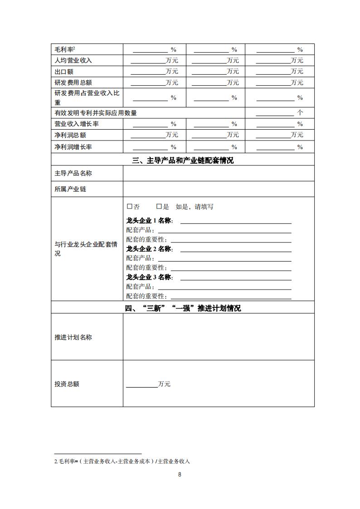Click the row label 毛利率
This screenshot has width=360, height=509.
click(x=64, y=49)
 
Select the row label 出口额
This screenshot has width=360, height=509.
click(x=64, y=72)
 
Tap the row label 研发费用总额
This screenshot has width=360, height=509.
click(x=73, y=82)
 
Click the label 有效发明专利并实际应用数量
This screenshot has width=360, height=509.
click(x=96, y=113)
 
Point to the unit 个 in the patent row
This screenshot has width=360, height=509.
click(x=300, y=113)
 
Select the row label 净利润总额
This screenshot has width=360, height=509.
click(x=70, y=135)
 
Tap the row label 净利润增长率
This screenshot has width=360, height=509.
click(x=73, y=147)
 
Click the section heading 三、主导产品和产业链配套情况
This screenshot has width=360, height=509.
click(x=183, y=160)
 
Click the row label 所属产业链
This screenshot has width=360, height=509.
click(x=70, y=189)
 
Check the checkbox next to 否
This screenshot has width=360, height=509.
click(x=130, y=207)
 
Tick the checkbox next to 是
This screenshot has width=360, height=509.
click(x=159, y=207)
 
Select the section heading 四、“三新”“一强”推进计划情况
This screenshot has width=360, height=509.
click(x=183, y=308)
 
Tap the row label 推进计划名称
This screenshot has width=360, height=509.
click(x=73, y=337)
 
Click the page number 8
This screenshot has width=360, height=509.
click(x=180, y=475)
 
